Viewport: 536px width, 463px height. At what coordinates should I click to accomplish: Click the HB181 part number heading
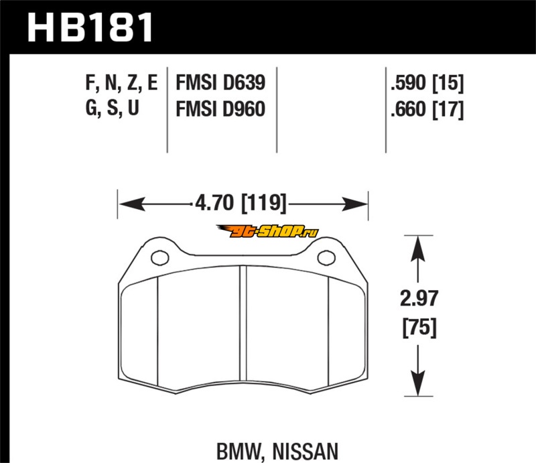pos(90,27)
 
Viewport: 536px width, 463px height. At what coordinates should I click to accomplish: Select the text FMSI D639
pos(220,83)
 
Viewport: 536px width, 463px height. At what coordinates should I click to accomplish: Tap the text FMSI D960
pos(220,109)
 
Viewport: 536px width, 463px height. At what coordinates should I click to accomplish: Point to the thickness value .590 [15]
pos(427,83)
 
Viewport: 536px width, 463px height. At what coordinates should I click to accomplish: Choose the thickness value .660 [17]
pos(427,109)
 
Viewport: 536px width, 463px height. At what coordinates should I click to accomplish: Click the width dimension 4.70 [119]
pos(241,203)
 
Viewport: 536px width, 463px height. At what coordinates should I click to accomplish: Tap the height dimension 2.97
pos(419,298)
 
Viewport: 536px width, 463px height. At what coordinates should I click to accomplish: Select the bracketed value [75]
pos(419,328)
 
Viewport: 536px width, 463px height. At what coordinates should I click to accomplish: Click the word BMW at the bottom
pos(239,452)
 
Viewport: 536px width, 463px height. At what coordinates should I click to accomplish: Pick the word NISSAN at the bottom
pos(306,452)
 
